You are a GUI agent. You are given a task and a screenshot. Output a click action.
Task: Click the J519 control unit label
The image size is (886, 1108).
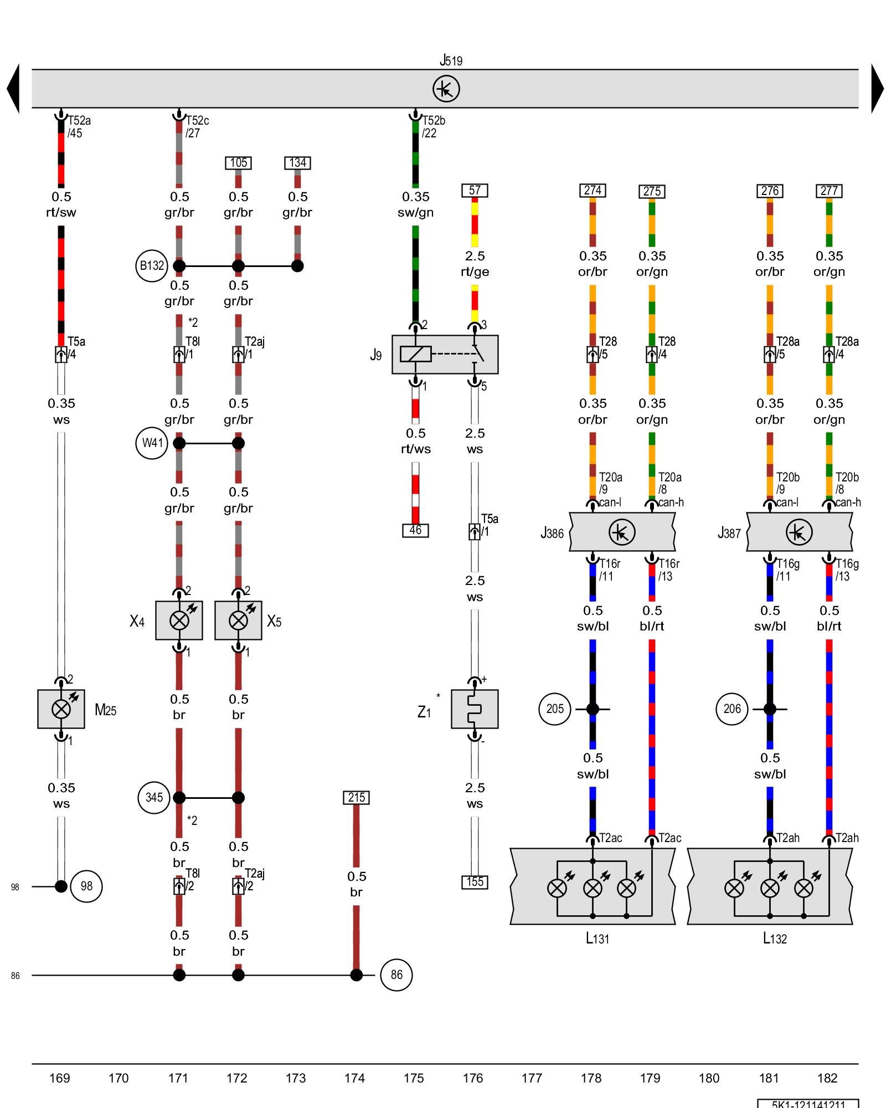(x=451, y=60)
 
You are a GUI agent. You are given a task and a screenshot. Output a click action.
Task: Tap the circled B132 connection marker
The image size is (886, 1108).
(x=151, y=266)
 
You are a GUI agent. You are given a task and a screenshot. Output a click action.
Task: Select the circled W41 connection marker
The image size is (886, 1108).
(x=151, y=443)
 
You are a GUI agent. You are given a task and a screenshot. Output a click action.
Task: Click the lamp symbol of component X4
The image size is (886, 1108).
(x=179, y=620)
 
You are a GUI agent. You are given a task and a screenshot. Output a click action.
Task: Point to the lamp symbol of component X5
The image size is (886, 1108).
(x=238, y=620)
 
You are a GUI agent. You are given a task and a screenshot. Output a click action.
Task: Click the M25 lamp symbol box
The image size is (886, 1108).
(x=61, y=709)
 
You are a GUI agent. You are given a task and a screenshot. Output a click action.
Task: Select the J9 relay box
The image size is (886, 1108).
(x=445, y=355)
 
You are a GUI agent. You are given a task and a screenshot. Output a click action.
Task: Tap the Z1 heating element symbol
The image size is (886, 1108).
(x=475, y=709)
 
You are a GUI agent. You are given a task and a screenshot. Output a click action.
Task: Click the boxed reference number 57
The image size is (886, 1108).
(x=475, y=191)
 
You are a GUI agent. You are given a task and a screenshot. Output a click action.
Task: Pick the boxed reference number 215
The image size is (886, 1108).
(x=356, y=797)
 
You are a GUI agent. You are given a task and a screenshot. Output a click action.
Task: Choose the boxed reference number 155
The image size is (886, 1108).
(x=475, y=882)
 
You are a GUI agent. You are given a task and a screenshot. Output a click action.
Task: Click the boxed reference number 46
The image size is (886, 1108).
(x=415, y=530)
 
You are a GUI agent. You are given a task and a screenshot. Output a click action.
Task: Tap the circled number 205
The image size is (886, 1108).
(x=555, y=709)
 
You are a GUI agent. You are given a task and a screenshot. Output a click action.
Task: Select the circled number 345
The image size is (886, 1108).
(x=153, y=797)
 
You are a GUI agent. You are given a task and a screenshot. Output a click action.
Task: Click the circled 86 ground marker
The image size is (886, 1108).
(x=396, y=974)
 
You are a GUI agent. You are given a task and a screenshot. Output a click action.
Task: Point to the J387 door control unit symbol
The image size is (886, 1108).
(x=799, y=532)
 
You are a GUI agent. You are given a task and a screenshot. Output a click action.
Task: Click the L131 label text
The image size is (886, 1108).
(x=597, y=938)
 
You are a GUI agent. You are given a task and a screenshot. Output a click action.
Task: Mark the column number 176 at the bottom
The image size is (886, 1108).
(x=473, y=1078)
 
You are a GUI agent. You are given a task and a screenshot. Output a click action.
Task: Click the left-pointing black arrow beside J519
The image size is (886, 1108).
(x=13, y=89)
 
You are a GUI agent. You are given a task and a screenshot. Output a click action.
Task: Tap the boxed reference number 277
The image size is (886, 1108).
(x=829, y=191)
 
